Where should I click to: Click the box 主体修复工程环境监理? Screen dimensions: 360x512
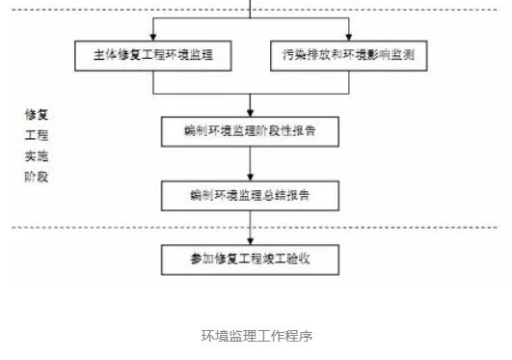pos(154,55)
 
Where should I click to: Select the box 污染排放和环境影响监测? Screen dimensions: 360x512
pos(348,55)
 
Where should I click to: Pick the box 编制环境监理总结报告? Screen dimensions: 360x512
pos(251,196)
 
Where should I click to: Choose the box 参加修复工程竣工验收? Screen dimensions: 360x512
pos(251,260)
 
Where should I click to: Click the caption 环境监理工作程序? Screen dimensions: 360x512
pos(256,336)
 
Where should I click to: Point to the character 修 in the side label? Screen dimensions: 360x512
pos(30,114)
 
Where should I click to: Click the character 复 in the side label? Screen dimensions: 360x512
pos(42,114)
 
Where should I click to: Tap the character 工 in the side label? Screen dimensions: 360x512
pos(30,135)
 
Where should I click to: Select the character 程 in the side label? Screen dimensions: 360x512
pos(42,135)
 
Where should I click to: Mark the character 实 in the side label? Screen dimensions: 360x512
pos(30,156)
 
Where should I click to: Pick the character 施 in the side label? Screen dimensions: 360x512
pos(42,156)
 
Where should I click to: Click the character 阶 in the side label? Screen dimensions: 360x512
pos(30,178)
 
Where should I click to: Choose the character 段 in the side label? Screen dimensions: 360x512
pos(42,178)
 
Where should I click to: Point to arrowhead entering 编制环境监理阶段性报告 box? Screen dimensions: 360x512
pos(251,112)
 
